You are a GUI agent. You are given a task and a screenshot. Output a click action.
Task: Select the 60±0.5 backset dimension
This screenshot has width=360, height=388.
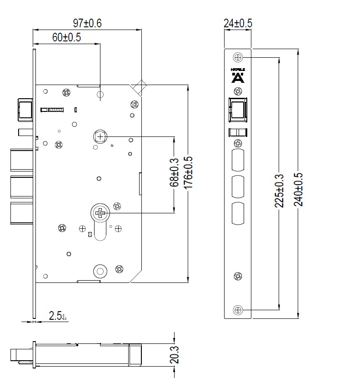click(66, 38)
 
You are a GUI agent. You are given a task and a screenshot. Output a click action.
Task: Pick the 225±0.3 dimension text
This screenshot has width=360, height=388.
click(279, 191)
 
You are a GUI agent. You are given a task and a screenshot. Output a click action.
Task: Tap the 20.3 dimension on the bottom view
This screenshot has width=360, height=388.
click(174, 355)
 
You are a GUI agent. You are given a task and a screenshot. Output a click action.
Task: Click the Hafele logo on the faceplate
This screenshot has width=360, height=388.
click(238, 76)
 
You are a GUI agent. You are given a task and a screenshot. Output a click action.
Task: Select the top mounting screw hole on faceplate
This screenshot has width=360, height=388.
click(238, 57)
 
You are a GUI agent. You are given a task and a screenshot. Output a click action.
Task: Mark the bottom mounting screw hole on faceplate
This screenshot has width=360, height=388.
click(238, 310)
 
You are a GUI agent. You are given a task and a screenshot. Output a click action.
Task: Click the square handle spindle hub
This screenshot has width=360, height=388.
click(100, 136)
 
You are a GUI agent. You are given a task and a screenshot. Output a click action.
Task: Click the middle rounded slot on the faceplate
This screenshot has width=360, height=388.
click(238, 185)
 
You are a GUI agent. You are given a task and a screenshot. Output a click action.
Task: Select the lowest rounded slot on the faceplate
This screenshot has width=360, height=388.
click(238, 213)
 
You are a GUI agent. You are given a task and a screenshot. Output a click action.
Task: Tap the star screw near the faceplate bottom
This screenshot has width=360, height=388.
click(238, 276)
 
